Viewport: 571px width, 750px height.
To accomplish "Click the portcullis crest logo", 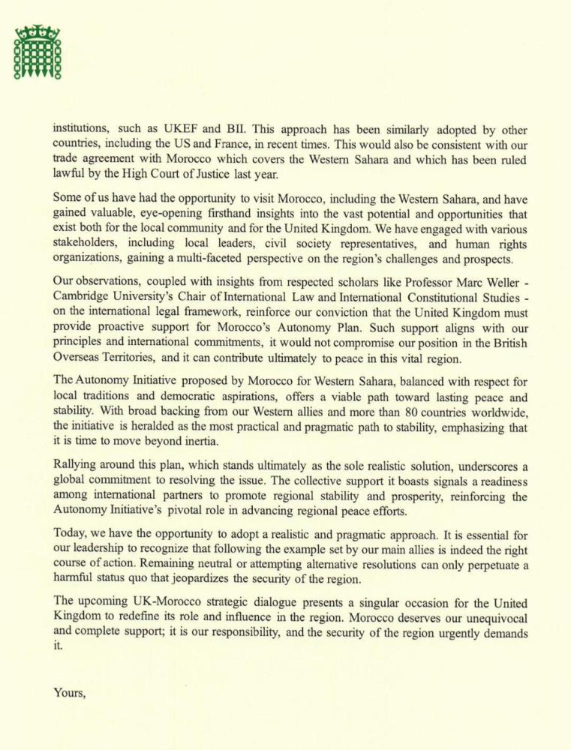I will click(37, 52).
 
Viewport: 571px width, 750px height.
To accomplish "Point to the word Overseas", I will click(79, 358).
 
